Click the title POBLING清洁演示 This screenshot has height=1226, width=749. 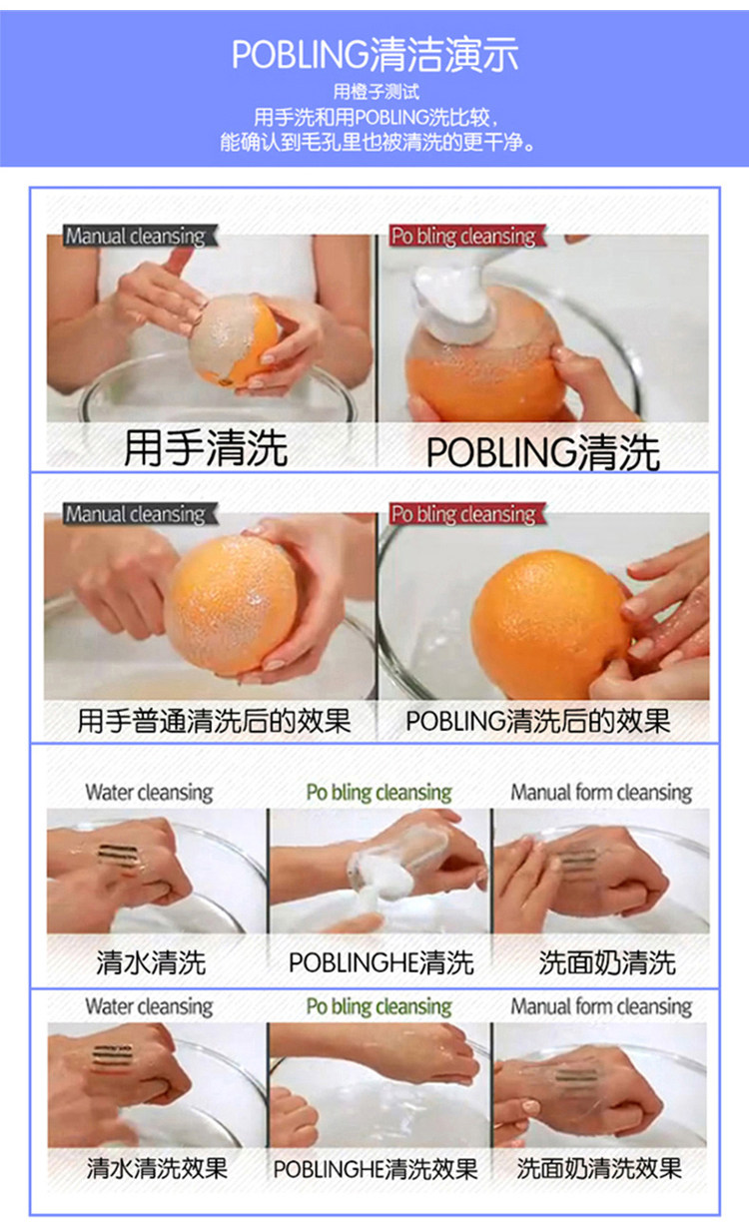point(375,55)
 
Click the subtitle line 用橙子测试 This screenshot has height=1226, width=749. point(375,92)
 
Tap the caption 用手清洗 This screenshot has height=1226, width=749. point(206,447)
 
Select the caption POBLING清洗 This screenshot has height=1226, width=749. point(542,452)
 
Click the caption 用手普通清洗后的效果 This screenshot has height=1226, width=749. point(214,721)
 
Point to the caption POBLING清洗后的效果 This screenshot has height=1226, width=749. point(537,721)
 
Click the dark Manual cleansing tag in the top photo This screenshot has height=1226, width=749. point(140,236)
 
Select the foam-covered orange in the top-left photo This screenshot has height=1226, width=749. point(234,340)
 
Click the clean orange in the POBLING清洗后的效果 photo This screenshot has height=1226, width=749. point(550,624)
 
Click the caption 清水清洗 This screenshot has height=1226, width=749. point(151,962)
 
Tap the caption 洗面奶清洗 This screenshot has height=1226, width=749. point(607,962)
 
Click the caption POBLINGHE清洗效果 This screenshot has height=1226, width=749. point(375,1169)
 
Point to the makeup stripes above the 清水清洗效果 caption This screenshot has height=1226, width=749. point(112,1057)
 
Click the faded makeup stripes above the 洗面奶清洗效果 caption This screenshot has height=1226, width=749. point(575,1075)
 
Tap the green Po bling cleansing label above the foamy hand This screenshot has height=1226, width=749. point(378,793)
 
